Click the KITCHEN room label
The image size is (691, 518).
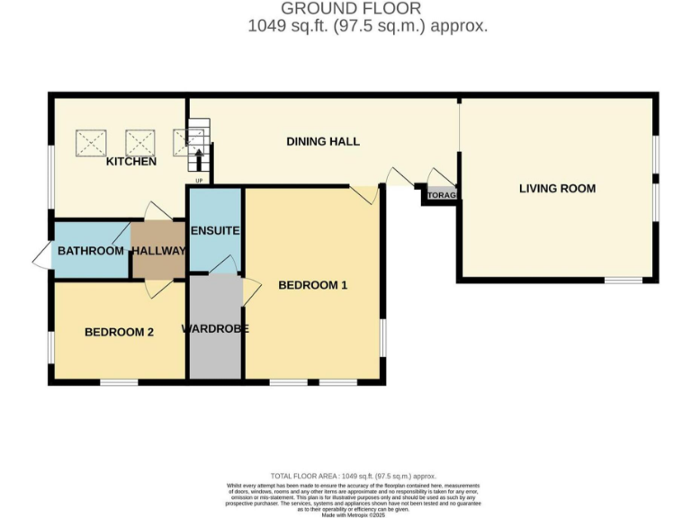131,162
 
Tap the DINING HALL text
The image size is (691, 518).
323,141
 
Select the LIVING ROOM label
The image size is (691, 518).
557,189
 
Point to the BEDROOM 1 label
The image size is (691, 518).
312,285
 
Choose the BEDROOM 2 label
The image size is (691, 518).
119,332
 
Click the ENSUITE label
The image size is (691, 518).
215,231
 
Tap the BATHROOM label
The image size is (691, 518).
91,251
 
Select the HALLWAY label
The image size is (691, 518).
159,251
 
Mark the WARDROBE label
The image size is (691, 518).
215,328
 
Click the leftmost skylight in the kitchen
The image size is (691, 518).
91,142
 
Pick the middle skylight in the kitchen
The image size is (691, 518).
139,142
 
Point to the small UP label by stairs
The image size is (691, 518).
198,180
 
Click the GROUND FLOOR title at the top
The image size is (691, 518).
345,9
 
